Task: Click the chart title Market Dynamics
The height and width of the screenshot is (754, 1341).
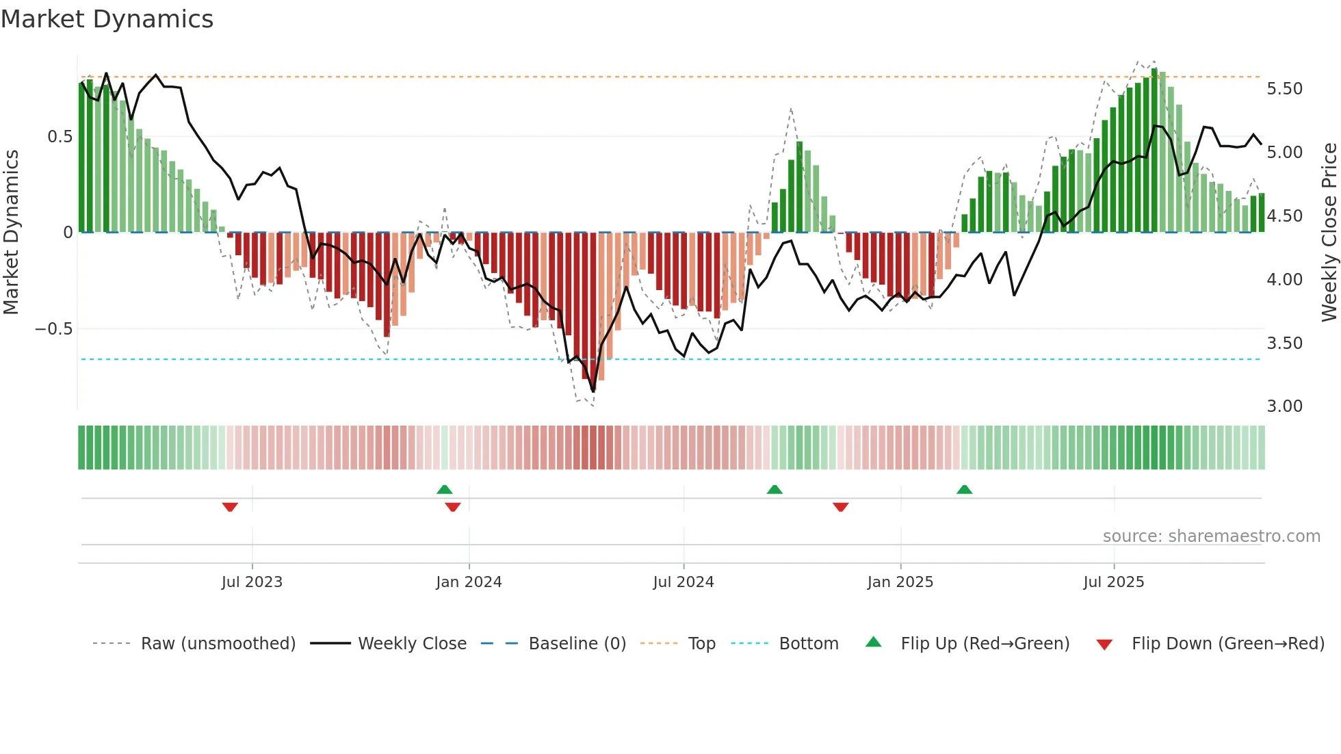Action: pyautogui.click(x=107, y=19)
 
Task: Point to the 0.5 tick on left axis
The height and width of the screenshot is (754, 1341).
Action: pyautogui.click(x=60, y=137)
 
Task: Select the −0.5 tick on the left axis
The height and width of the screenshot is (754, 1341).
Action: pyautogui.click(x=53, y=329)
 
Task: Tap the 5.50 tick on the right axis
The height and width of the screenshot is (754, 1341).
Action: pyautogui.click(x=1284, y=89)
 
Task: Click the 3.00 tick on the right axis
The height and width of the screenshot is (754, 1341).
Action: pyautogui.click(x=1284, y=406)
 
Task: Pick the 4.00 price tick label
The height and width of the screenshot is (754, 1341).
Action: pyautogui.click(x=1284, y=280)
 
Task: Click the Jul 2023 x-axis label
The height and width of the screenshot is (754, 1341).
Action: pyautogui.click(x=252, y=582)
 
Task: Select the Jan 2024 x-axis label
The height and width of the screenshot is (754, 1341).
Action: pyautogui.click(x=469, y=582)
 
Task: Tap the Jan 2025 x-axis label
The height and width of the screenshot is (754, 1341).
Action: pyautogui.click(x=900, y=582)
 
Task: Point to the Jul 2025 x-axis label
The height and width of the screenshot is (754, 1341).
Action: pyautogui.click(x=1113, y=582)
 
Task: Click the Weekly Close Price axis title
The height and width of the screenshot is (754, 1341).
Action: pyautogui.click(x=1329, y=233)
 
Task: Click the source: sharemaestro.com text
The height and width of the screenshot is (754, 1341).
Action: pyautogui.click(x=1211, y=536)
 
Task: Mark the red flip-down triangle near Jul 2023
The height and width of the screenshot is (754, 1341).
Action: pyautogui.click(x=230, y=507)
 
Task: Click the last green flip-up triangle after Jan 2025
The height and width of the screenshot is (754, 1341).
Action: pyautogui.click(x=964, y=489)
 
